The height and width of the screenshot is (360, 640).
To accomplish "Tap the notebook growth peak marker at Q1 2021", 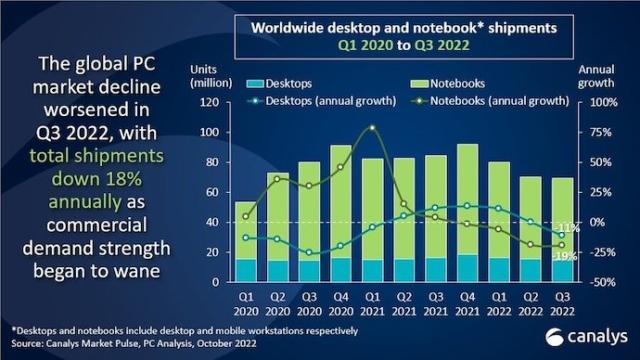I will coord(372,128).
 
